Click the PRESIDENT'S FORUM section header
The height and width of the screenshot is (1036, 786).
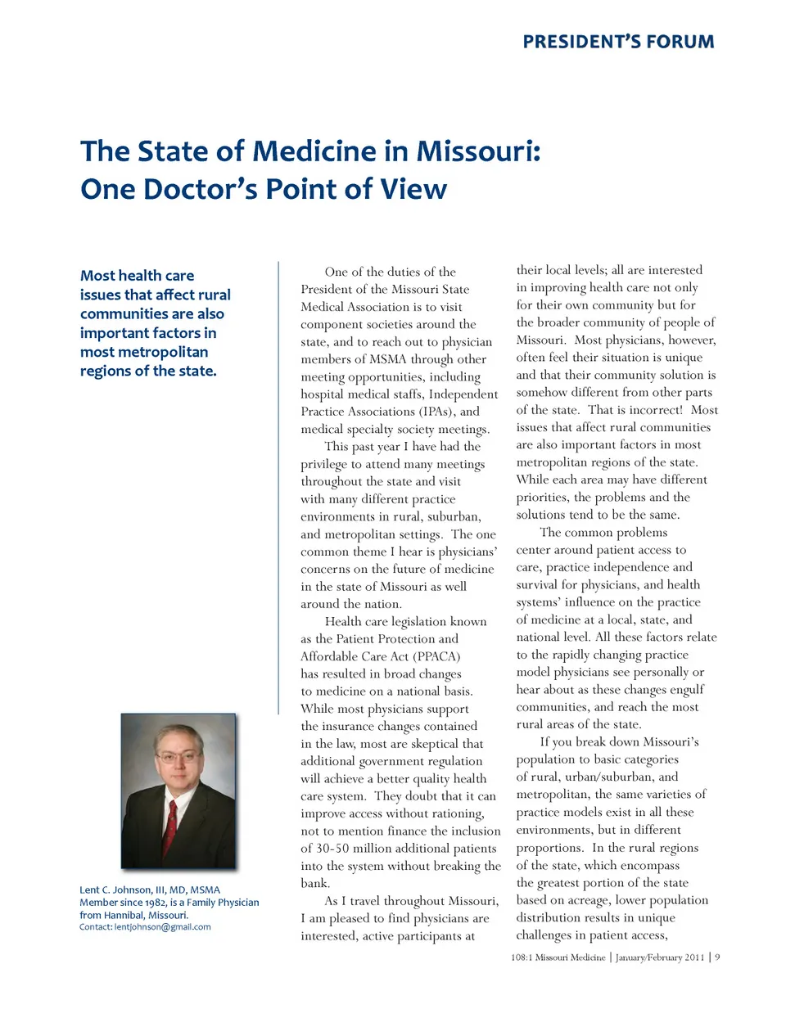[x=618, y=42]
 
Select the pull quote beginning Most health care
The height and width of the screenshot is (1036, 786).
[x=156, y=323]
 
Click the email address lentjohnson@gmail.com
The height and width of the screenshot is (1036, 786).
[x=163, y=927]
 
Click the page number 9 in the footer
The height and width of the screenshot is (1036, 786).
[x=717, y=957]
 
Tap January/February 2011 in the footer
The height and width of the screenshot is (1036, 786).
[x=659, y=957]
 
